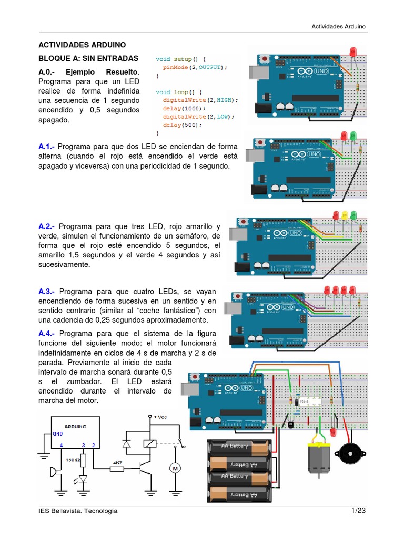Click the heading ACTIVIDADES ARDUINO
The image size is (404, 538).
[82, 45]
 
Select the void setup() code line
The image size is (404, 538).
[181, 59]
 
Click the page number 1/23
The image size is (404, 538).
[358, 511]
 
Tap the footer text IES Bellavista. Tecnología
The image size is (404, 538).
[78, 511]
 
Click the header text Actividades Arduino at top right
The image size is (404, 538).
[338, 26]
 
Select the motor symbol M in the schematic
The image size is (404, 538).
[176, 468]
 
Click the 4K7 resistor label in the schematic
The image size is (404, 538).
[117, 464]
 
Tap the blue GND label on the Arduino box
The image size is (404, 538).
[57, 434]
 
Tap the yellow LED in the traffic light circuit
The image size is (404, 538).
[345, 214]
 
